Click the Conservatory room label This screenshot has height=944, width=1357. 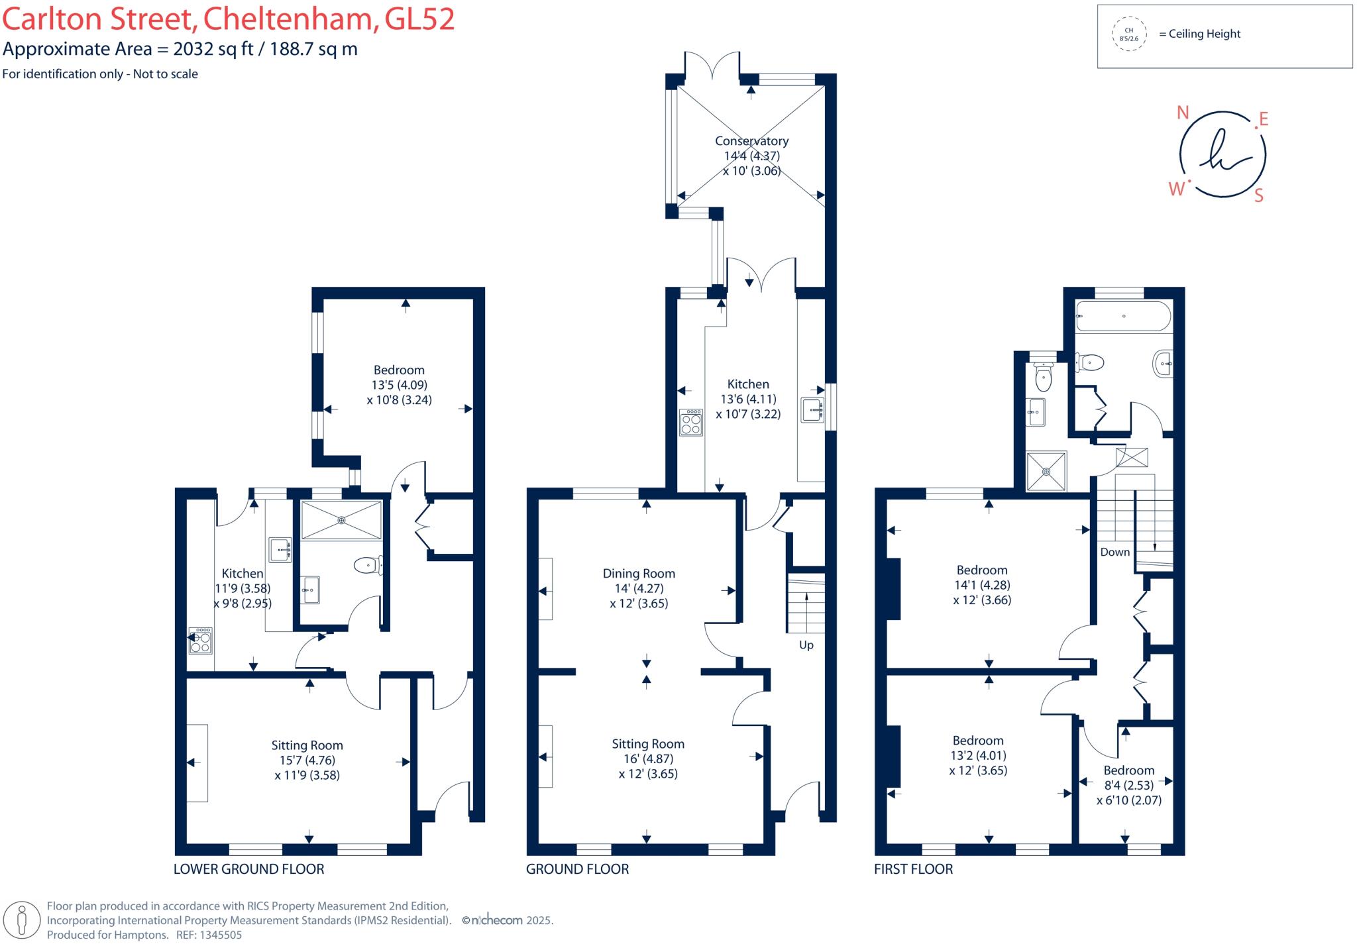pyautogui.click(x=751, y=141)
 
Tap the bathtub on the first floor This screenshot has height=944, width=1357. pyautogui.click(x=1123, y=316)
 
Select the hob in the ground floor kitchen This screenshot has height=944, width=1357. pyautogui.click(x=690, y=422)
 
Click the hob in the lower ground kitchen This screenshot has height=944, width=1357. pyautogui.click(x=200, y=641)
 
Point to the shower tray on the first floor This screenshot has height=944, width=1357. pyautogui.click(x=1046, y=471)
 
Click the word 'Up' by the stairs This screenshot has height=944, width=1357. pyautogui.click(x=806, y=645)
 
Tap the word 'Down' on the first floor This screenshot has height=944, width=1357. pyautogui.click(x=1114, y=552)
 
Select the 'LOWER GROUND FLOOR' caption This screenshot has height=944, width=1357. pyautogui.click(x=248, y=869)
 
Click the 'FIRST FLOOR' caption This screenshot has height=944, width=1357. pyautogui.click(x=913, y=869)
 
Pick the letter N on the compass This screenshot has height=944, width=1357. pyautogui.click(x=1183, y=113)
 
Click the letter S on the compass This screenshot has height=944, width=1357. pyautogui.click(x=1259, y=195)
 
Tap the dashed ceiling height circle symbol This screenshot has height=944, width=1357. pyautogui.click(x=1129, y=34)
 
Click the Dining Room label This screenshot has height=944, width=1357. pyautogui.click(x=639, y=574)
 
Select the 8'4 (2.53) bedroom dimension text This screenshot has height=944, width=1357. pyautogui.click(x=1128, y=785)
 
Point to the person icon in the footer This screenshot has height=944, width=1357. pyautogui.click(x=21, y=919)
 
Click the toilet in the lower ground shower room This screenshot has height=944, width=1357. pyautogui.click(x=366, y=565)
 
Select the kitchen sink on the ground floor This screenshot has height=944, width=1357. pyautogui.click(x=812, y=410)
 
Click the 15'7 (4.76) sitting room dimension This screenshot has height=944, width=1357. pyautogui.click(x=307, y=760)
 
